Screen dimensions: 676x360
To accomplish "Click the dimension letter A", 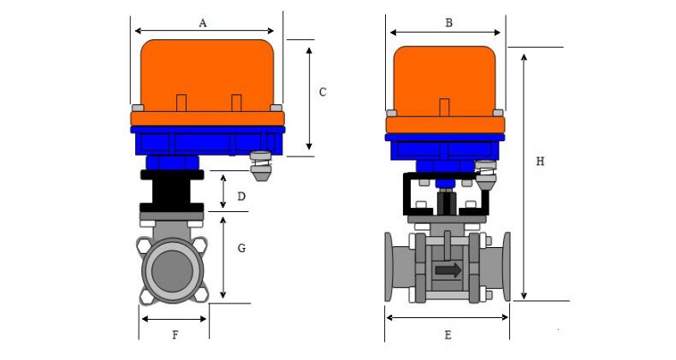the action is tap(203, 23).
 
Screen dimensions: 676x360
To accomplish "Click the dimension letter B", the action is tap(448, 23).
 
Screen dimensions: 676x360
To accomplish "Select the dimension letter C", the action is tap(322, 92).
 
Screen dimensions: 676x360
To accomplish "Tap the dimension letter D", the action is tap(241, 197).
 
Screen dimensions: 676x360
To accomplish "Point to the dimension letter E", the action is tap(448, 335).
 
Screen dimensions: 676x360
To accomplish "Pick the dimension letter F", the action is tap(175, 335).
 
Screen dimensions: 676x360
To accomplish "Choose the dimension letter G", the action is tap(241, 248).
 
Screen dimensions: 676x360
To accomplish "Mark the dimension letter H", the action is tap(540, 161).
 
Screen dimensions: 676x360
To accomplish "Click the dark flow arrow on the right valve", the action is tap(448, 270).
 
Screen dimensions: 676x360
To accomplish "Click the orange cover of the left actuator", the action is tap(205, 73).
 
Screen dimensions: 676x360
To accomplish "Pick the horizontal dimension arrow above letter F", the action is tap(174, 319).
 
